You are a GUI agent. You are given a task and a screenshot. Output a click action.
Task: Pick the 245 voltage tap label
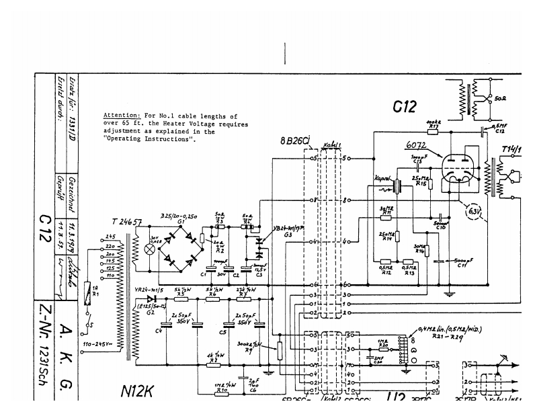click(x=111, y=237)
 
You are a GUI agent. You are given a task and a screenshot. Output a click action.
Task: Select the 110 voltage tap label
click(x=111, y=276)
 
